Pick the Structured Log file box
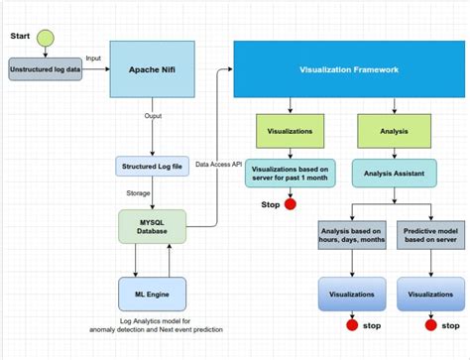coord(153,167)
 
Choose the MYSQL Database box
coord(152,225)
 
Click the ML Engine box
coord(153,294)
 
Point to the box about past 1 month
coord(290,174)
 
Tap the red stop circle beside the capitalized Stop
coord(291,205)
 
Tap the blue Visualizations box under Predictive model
coord(429,294)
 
